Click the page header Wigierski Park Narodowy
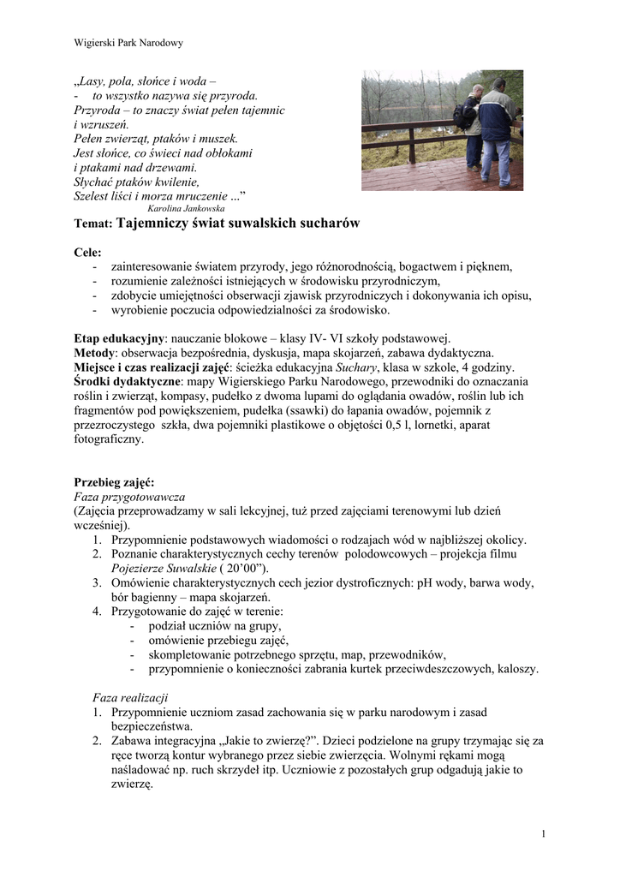128,42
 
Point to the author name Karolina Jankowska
186,208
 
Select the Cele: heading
87,253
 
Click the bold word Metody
94,353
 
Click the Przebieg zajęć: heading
114,482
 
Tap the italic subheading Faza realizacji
131,697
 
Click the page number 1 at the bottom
544,834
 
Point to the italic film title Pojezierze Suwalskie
163,568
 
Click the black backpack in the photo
465,112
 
